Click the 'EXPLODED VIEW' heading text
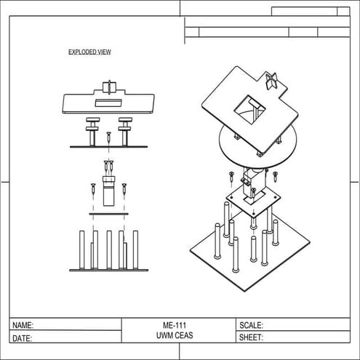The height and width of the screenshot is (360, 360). [89, 52]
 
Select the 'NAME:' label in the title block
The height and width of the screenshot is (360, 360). [23, 326]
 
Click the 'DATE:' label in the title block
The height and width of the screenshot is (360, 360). [23, 338]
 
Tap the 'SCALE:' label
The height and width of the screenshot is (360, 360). [251, 326]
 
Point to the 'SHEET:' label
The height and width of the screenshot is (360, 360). [251, 338]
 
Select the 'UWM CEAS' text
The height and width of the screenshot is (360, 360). [179, 337]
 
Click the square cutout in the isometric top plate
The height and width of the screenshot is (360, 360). [249, 109]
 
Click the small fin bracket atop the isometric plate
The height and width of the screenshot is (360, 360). [272, 81]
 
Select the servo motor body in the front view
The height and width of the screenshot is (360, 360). [109, 191]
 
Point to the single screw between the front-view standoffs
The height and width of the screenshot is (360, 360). [108, 137]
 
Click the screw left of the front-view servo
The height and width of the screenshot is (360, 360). [94, 190]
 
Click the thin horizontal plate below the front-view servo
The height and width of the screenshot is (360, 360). [108, 214]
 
